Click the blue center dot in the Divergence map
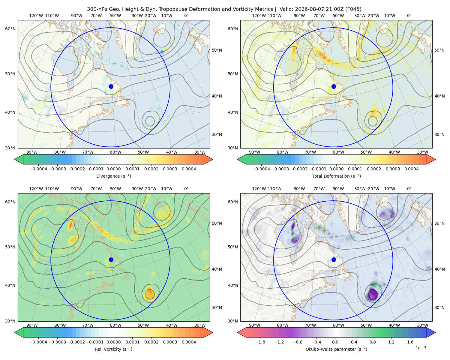pos(111,87)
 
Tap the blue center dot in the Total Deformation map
pos(334,87)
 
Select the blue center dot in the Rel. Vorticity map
pos(111,259)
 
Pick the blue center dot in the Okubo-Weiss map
pos(334,259)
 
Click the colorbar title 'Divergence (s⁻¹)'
pos(113,176)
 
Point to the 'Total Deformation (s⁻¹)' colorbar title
pos(336,176)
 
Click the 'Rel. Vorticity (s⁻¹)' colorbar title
pos(113,349)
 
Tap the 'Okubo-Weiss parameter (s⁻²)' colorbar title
pos(336,349)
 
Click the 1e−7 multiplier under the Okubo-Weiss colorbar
pos(421,348)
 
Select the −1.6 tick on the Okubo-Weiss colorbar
pos(260,342)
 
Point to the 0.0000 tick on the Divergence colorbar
pos(113,169)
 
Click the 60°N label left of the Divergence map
pos(10,29)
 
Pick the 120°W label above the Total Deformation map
pos(259,16)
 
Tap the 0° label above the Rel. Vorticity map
pos(186,189)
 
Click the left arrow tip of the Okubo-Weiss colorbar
pos(238,332)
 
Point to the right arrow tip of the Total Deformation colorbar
pos(435,159)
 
